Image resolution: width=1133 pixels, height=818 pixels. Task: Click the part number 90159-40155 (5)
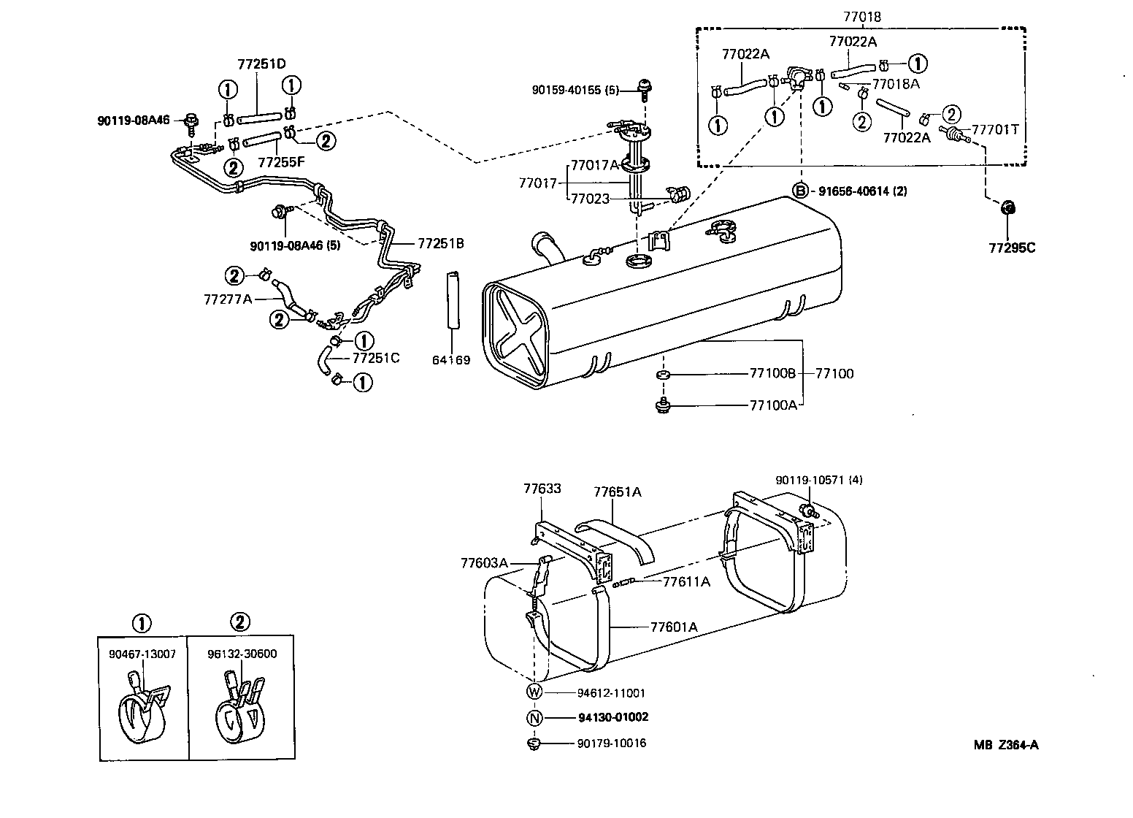coord(575,91)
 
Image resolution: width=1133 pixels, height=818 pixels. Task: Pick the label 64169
coord(451,360)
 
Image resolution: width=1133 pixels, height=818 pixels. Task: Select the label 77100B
coord(772,373)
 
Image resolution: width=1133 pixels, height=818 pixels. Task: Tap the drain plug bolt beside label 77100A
coord(663,404)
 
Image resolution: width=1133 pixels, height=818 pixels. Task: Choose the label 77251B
coord(441,243)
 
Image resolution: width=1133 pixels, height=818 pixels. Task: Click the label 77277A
coord(228,299)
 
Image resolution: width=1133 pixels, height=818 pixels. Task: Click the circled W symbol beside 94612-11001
coord(534,692)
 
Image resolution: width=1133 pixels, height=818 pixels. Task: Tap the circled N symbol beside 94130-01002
coord(534,718)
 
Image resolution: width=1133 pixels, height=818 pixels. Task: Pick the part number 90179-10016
coord(611,744)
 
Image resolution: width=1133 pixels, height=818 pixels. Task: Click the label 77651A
coord(617,492)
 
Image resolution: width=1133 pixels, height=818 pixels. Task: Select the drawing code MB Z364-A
coord(1005,745)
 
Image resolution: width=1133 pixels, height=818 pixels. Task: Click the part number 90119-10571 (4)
coord(818,480)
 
